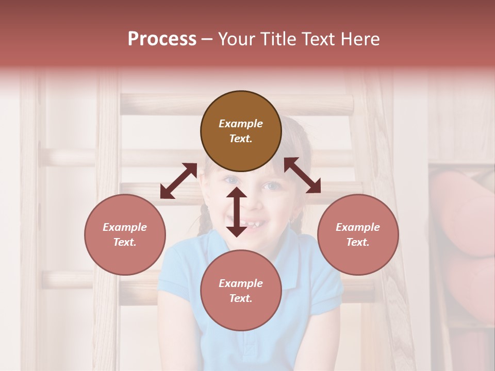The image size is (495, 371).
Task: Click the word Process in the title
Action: coord(162,39)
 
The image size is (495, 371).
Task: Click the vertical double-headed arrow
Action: coord(237,212)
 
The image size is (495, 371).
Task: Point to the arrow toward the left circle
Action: coord(178,181)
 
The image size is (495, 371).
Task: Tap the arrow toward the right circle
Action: coord(303,176)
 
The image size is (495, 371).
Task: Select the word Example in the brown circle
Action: coord(241,124)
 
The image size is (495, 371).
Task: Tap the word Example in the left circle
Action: coord(125,227)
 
